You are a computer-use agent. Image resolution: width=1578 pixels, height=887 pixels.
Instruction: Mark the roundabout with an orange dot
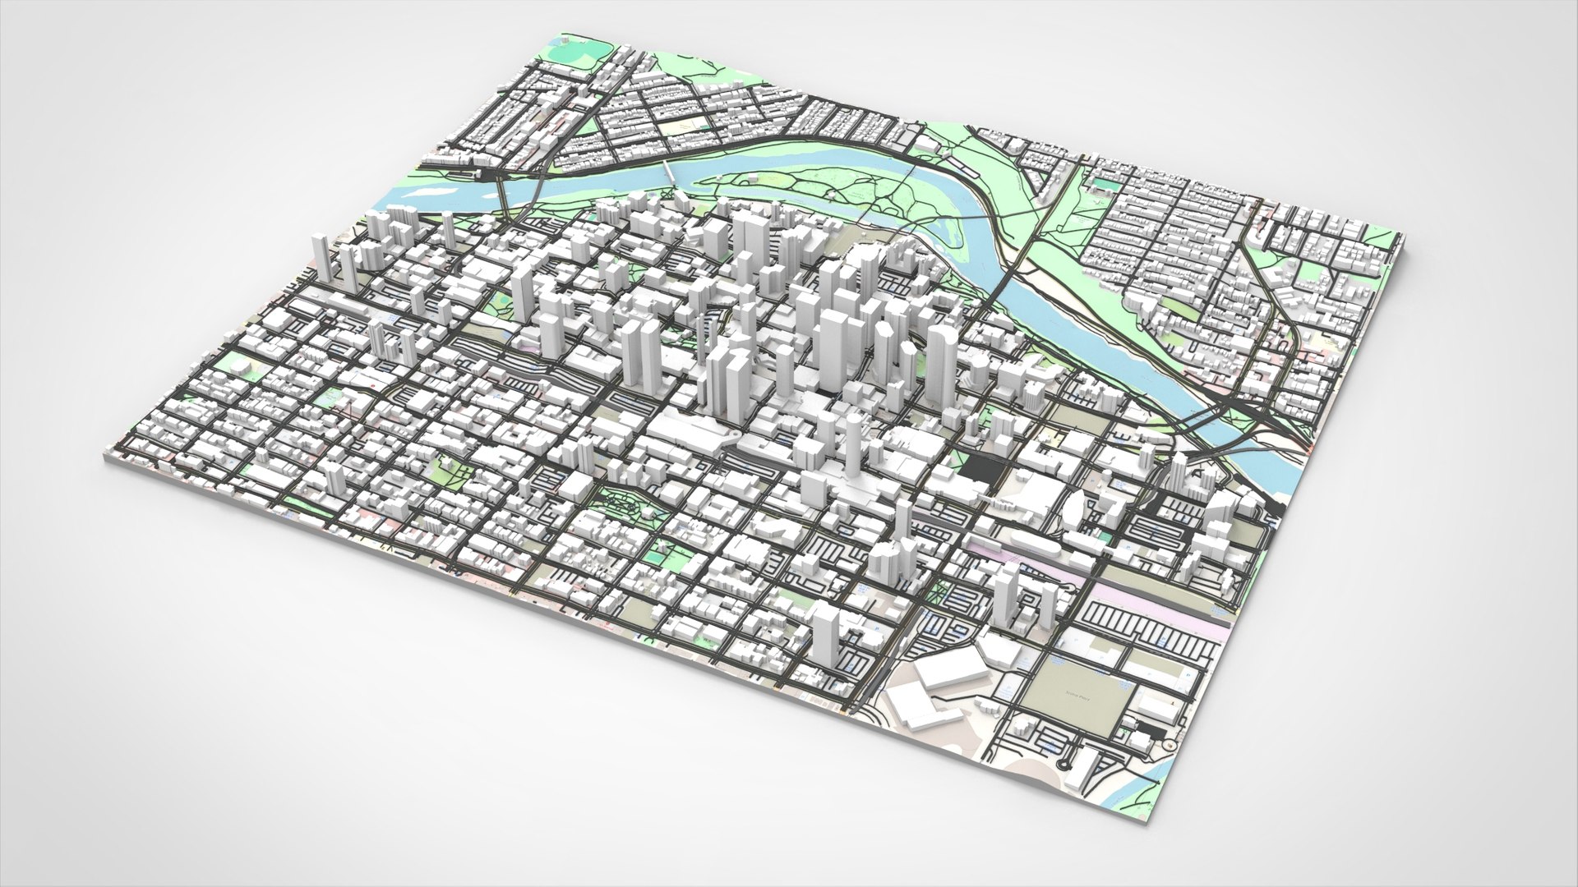point(1166,744)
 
